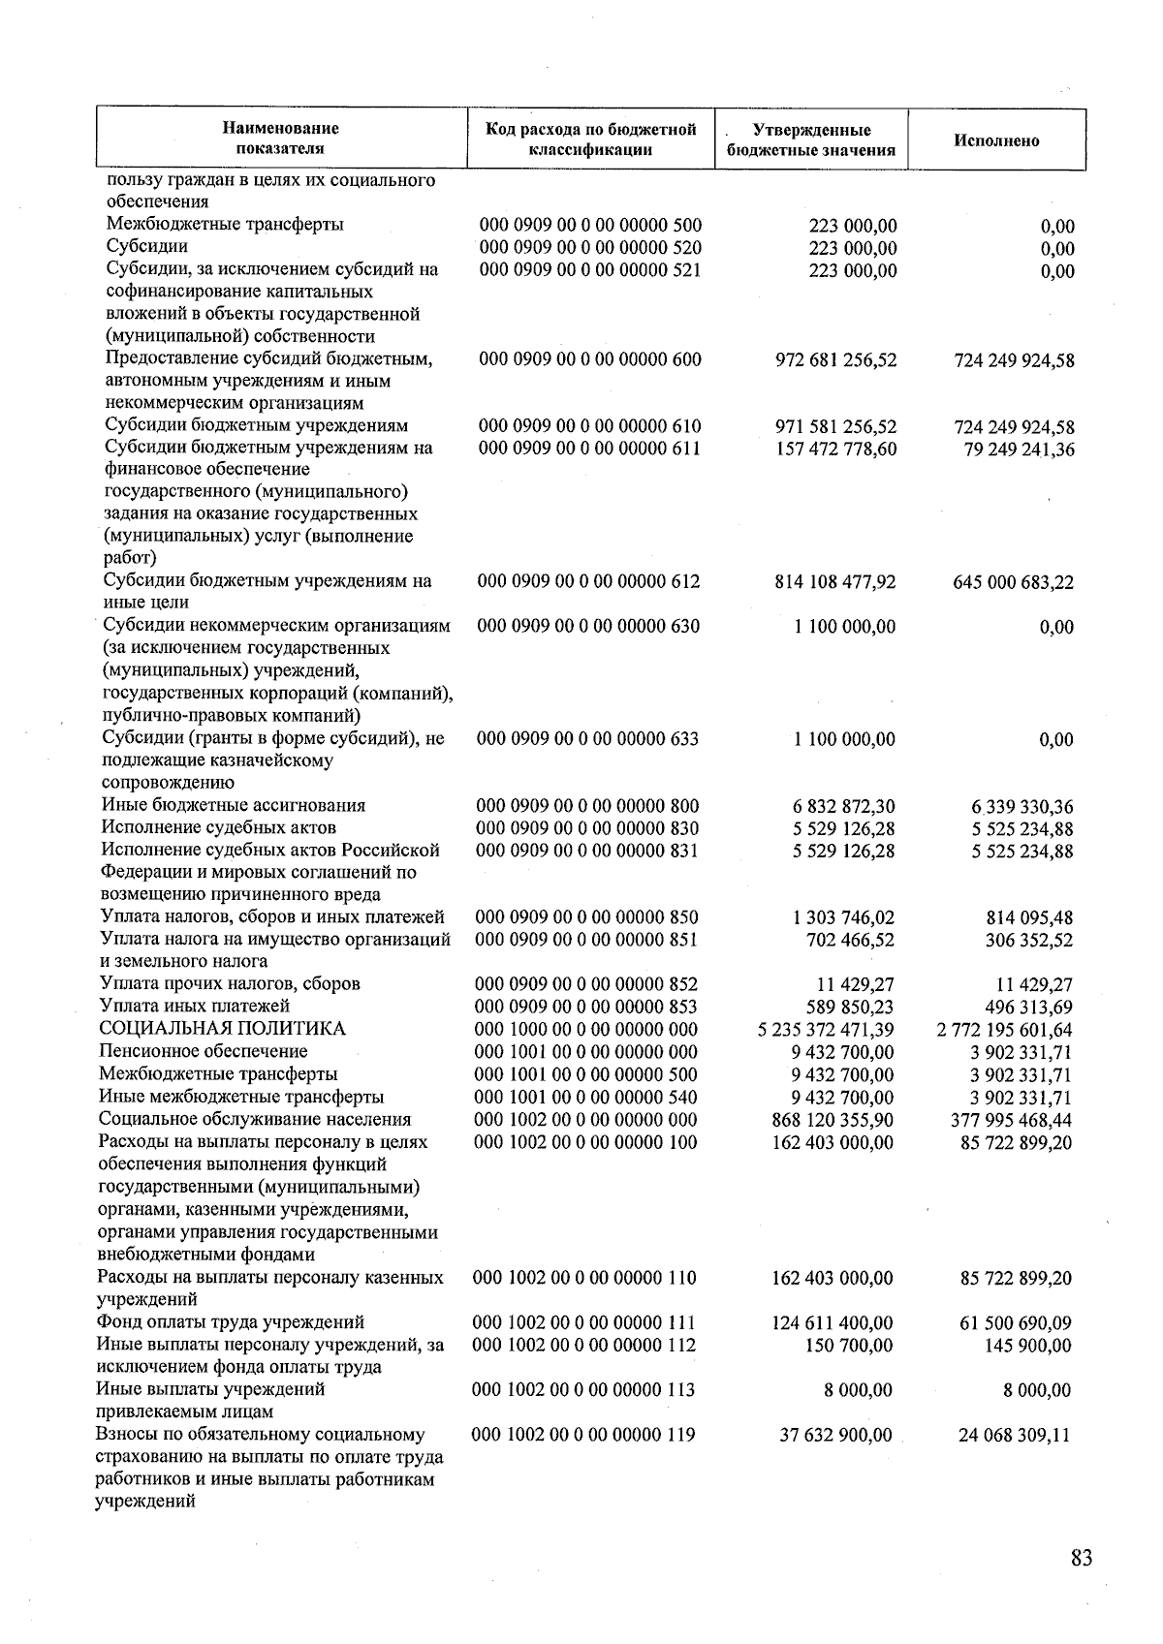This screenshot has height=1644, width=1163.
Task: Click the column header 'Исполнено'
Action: [996, 140]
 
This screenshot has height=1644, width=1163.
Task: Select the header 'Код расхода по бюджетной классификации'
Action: [590, 140]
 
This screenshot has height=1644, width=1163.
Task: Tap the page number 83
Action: [1082, 1558]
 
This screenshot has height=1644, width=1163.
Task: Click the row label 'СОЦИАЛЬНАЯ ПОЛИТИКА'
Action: [222, 1029]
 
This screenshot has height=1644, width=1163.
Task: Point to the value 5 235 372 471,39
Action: [826, 1030]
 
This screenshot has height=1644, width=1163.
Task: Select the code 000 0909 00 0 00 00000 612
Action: [588, 582]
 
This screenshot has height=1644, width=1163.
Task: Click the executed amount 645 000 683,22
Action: [1014, 583]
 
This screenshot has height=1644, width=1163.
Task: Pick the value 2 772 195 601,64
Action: [1005, 1030]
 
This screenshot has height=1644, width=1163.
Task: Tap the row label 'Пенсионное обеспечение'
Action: [204, 1051]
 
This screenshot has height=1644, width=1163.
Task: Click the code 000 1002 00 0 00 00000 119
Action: [583, 1435]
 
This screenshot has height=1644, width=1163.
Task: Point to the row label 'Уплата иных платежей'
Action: [195, 1007]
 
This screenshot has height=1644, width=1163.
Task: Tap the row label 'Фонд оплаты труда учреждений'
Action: [231, 1322]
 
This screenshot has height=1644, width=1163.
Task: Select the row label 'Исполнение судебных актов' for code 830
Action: [219, 828]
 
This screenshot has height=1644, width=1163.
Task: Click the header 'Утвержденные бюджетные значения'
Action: [811, 140]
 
